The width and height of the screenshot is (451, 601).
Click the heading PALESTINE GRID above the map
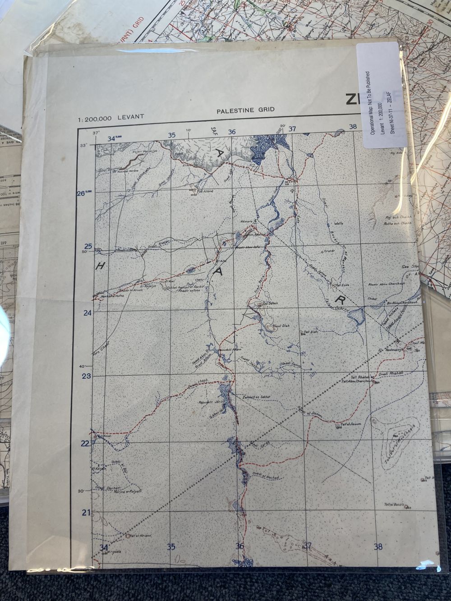(245, 110)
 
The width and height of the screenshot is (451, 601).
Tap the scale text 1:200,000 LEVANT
(111, 118)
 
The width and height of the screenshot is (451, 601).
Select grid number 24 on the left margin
(88, 312)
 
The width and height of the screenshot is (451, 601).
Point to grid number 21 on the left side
(86, 512)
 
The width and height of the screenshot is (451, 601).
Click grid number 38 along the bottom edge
(378, 547)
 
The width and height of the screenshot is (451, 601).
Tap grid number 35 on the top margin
(171, 135)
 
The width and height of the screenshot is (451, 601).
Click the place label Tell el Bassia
(396, 504)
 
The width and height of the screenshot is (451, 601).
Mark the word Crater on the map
(328, 250)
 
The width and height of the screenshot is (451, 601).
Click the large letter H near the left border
(100, 266)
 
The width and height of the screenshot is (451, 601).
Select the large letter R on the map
(339, 300)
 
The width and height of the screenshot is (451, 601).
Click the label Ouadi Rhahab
(390, 374)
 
